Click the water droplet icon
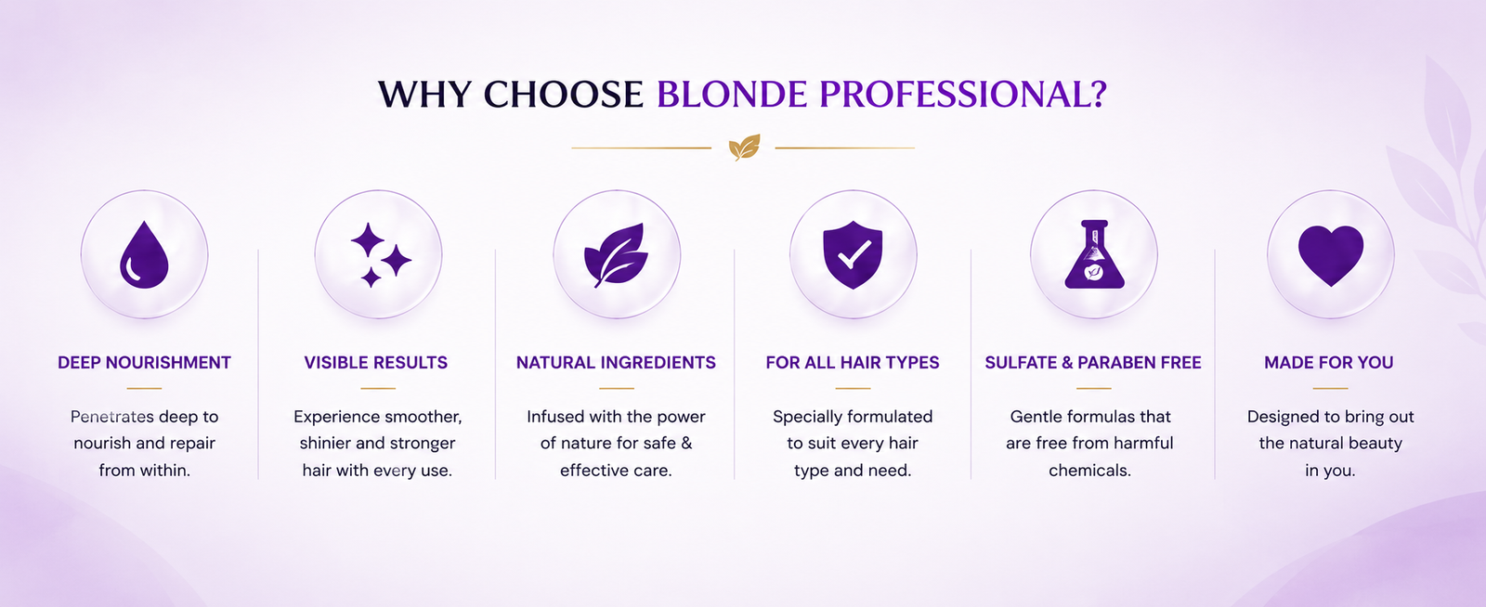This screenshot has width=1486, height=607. (x=144, y=255)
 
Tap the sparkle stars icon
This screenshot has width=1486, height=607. (x=380, y=255)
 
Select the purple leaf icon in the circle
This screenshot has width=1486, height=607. (x=617, y=255)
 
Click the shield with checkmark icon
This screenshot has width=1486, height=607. (x=853, y=255)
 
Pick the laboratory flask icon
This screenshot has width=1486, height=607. (x=1094, y=254)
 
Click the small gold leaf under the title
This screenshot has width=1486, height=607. (x=744, y=148)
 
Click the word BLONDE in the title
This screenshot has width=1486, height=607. (x=732, y=94)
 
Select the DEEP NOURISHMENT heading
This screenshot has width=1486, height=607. (x=144, y=363)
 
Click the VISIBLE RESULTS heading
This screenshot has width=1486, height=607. (x=375, y=363)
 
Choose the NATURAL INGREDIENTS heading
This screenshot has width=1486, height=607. (x=616, y=363)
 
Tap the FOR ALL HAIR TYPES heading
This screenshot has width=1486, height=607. (x=853, y=363)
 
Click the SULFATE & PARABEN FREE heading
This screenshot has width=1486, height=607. (x=1092, y=363)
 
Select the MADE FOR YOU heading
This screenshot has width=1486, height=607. (x=1328, y=363)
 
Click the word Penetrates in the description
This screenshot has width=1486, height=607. (x=112, y=417)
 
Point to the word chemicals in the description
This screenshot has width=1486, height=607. (x=1089, y=471)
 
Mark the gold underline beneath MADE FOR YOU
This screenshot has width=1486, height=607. (x=1330, y=388)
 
